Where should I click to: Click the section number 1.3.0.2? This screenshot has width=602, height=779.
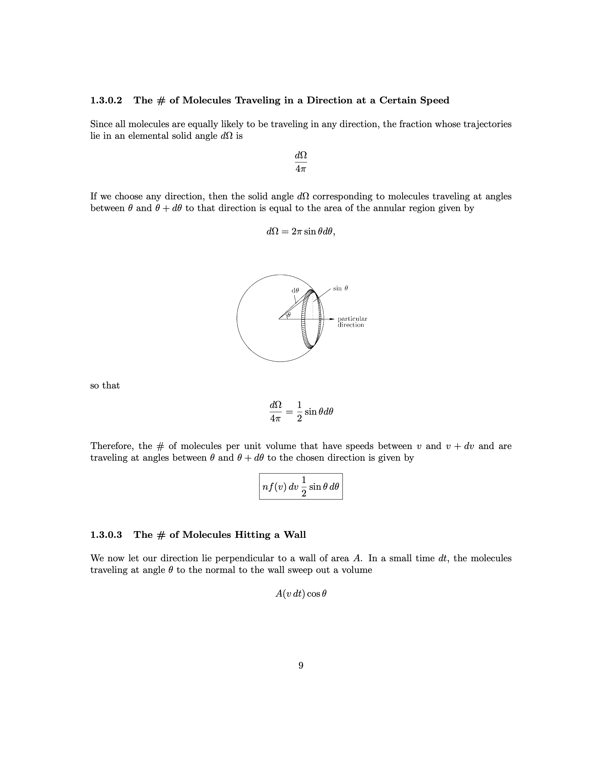point(106,100)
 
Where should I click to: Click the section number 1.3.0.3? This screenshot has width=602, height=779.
point(106,535)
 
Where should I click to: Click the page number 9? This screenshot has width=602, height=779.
point(301,666)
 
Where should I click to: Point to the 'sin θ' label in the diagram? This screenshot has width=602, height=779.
point(340,288)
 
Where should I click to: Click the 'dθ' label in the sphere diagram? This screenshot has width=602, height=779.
point(295,290)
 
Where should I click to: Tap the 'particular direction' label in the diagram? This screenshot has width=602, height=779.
point(352,322)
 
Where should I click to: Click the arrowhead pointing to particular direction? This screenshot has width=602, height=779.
point(332,319)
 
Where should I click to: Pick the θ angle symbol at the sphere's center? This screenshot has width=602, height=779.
point(289,314)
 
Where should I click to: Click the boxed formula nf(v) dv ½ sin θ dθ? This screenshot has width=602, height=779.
point(301,487)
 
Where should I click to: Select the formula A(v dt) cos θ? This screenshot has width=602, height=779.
point(301,594)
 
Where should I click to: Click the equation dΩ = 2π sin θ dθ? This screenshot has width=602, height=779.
point(301,232)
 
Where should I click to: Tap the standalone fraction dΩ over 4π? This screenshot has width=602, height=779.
point(301,162)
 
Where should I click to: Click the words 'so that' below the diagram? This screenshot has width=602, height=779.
point(105,386)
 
